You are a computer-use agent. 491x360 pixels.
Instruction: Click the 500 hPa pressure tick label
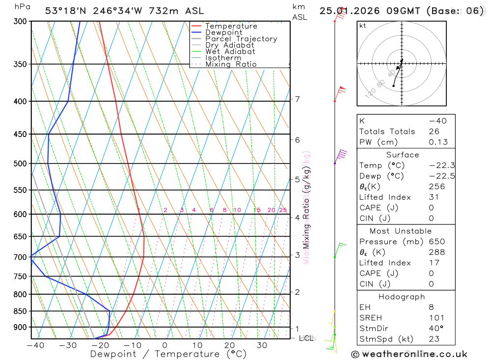[x=19, y=164]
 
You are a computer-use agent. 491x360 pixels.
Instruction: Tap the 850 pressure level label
[x=19, y=311]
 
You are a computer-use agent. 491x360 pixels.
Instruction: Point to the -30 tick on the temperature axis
[x=67, y=345]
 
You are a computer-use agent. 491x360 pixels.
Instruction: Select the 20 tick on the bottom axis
[x=229, y=345]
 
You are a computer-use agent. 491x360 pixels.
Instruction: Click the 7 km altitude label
[x=297, y=99]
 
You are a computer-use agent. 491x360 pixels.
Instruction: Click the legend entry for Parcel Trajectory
[x=241, y=39]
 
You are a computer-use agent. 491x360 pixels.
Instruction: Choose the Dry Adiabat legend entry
[x=230, y=45]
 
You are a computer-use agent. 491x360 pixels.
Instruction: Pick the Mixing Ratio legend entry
[x=231, y=64]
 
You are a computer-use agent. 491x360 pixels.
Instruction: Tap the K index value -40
[x=438, y=121]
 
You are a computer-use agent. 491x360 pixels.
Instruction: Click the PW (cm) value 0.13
[x=438, y=142]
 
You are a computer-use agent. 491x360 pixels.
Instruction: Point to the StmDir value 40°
[x=436, y=329]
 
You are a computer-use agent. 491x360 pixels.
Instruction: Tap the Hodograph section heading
[x=402, y=297]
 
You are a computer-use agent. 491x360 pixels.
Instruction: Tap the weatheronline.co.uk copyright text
[x=409, y=354]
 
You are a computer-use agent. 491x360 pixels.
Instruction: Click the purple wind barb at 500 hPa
[x=340, y=156]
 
